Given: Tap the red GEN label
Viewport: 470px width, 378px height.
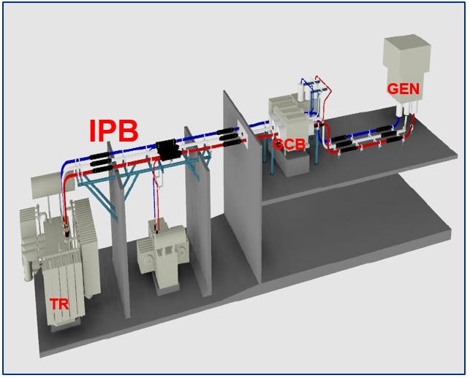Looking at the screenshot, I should point(403,89).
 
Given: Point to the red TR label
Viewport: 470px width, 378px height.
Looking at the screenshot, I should point(60,304).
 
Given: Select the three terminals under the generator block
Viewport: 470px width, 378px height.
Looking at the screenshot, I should point(406,110).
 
